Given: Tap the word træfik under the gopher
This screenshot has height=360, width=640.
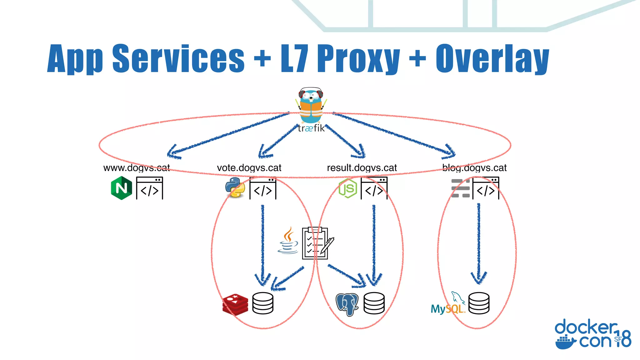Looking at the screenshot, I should (x=311, y=128).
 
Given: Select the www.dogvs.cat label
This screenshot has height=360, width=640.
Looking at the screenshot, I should (x=137, y=168).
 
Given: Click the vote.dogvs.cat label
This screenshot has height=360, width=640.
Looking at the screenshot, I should (x=249, y=168).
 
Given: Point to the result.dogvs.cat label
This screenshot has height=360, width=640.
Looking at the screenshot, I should (x=362, y=168).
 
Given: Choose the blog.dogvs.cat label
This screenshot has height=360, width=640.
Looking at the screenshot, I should (x=474, y=168).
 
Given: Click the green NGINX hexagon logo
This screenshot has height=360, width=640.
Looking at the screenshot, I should (x=121, y=188).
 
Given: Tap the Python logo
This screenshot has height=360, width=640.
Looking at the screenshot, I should (x=235, y=188).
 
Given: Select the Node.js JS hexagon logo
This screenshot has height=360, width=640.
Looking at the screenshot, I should (x=347, y=188).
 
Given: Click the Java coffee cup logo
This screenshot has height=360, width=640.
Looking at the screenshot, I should (x=288, y=241).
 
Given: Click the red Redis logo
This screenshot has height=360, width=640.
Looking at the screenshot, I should (x=235, y=304).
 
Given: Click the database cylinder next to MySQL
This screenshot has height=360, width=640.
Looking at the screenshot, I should (x=479, y=303).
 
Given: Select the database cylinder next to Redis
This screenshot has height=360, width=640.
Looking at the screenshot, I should (x=263, y=303).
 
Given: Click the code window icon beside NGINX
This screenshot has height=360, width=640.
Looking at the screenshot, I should (x=150, y=188).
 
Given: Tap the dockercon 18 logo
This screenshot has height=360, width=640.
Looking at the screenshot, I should (x=592, y=334).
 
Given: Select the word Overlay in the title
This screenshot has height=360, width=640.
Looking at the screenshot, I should (x=492, y=59).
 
